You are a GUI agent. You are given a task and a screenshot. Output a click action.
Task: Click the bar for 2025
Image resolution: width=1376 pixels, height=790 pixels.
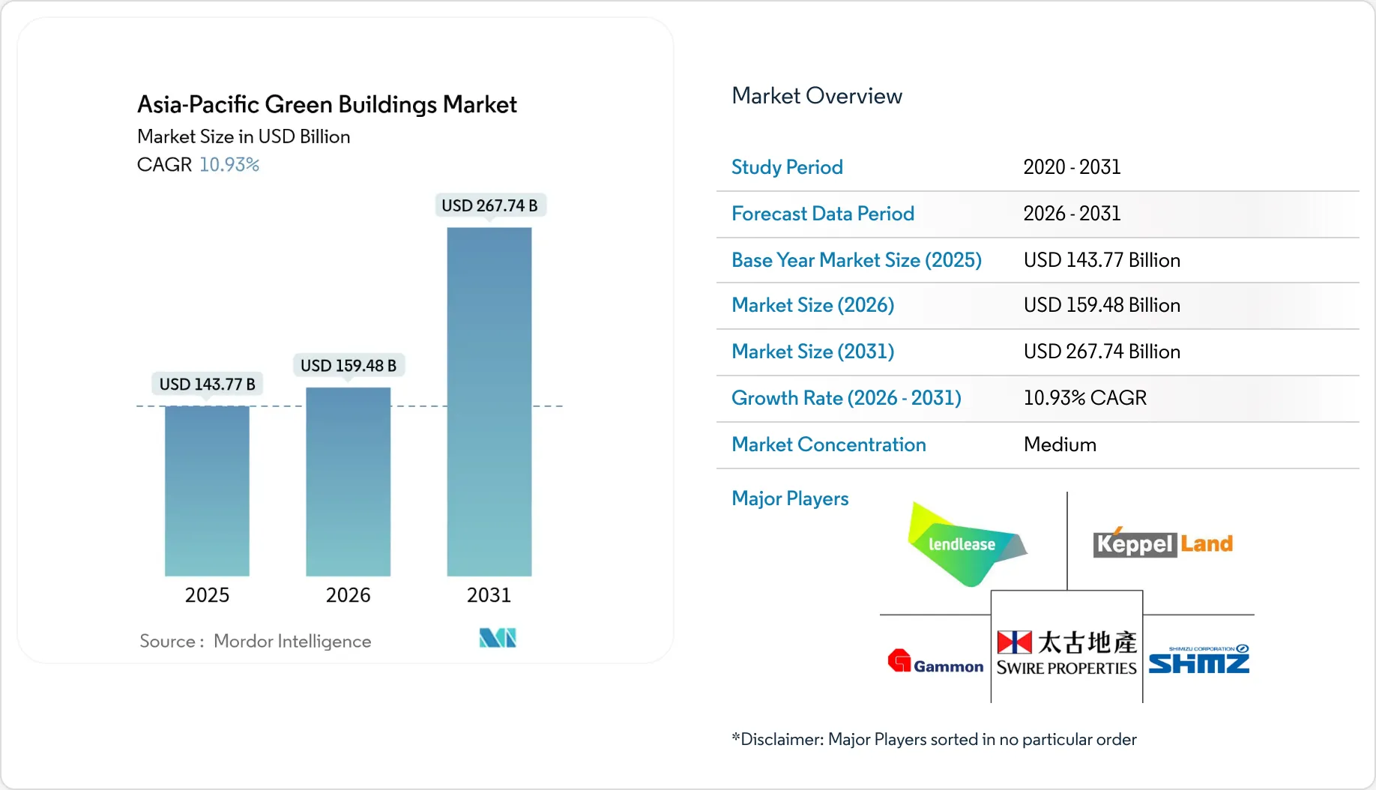[207, 491]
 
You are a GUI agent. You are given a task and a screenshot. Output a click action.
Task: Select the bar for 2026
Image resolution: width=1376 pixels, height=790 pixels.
[348, 481]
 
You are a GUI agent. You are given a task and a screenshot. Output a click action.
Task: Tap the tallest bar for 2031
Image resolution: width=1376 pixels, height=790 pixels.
[489, 402]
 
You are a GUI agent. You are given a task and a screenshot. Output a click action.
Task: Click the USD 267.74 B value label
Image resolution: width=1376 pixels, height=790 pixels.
[489, 205]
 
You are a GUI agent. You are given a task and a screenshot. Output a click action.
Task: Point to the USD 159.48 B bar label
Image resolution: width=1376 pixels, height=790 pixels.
[348, 366]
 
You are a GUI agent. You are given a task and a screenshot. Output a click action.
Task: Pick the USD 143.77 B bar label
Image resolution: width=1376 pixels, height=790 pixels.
[207, 385]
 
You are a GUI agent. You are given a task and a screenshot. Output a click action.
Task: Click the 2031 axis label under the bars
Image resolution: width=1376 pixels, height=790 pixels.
[489, 595]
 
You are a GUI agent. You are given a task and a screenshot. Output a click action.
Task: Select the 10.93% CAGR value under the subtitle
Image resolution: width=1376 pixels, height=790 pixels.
[229, 165]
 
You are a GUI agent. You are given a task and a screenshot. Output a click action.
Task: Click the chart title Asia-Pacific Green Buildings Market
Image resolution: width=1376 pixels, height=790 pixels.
[327, 104]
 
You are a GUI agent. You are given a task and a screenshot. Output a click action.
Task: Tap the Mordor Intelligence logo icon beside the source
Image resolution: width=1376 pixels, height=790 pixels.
[498, 638]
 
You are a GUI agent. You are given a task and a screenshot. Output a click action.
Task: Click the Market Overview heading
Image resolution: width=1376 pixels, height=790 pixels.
[816, 96]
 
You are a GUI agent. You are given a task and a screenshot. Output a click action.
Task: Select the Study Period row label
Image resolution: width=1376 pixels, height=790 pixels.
[787, 167]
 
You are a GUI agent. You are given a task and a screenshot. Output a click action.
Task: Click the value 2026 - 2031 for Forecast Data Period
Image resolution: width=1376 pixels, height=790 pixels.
[1072, 214]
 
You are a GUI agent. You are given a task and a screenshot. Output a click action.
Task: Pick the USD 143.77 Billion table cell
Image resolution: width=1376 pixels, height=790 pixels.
[1102, 260]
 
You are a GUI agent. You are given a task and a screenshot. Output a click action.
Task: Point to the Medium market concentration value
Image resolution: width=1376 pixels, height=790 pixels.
[1060, 444]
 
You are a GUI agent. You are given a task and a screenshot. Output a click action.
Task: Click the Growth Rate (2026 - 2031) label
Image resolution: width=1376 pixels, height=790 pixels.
[846, 398]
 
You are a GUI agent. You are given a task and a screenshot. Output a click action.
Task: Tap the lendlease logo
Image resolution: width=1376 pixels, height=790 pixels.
[964, 545]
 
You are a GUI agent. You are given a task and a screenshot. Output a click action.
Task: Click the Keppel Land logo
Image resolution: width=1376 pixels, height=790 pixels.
[1162, 543]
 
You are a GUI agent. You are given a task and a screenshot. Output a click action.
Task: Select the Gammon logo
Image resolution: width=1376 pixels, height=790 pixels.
[935, 662]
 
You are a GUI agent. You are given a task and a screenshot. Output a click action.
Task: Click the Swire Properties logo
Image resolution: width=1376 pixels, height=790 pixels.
[1066, 653]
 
